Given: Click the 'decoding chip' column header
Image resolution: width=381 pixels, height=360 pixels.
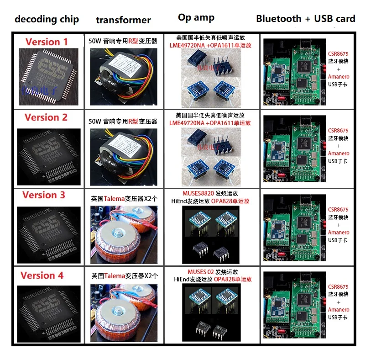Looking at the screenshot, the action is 47,19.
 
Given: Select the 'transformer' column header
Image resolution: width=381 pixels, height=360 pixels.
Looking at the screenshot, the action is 123,20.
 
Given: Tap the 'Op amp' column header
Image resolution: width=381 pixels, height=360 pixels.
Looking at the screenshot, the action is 196,17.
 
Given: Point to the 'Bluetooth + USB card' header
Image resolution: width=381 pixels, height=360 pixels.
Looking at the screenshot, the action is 305,19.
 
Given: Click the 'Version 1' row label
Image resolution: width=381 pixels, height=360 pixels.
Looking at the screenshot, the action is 47,42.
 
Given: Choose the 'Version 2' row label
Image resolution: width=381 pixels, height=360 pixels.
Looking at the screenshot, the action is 46,117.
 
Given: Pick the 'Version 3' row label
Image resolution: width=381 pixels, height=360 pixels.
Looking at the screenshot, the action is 44,195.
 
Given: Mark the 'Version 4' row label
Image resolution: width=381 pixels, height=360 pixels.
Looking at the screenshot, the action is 42,275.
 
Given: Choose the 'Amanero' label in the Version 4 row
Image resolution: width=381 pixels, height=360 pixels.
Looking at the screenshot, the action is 339,310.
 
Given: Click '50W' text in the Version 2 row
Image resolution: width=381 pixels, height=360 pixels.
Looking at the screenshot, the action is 95,122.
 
